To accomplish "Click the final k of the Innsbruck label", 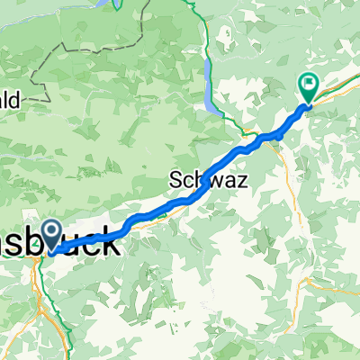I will [x=108, y=243].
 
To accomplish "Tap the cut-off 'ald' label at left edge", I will [x=13, y=102].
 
